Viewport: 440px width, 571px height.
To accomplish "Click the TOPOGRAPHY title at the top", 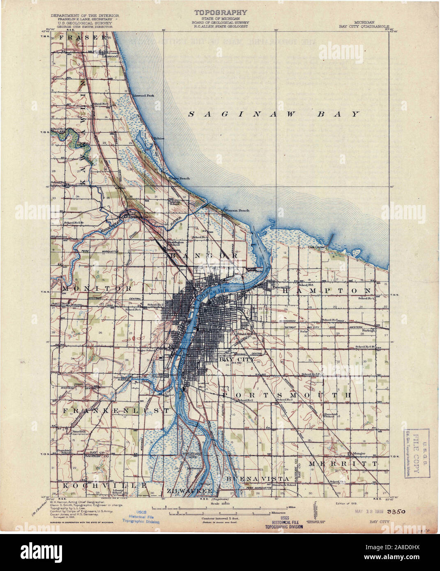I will click(x=220, y=13).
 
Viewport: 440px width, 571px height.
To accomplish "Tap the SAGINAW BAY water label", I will click(x=274, y=114).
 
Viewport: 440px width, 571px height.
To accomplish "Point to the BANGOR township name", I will click(x=204, y=256).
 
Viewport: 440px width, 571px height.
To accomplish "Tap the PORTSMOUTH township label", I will click(x=287, y=395).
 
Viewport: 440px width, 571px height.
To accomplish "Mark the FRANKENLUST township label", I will click(x=115, y=410).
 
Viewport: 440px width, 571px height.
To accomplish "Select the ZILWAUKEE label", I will click(x=189, y=491).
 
